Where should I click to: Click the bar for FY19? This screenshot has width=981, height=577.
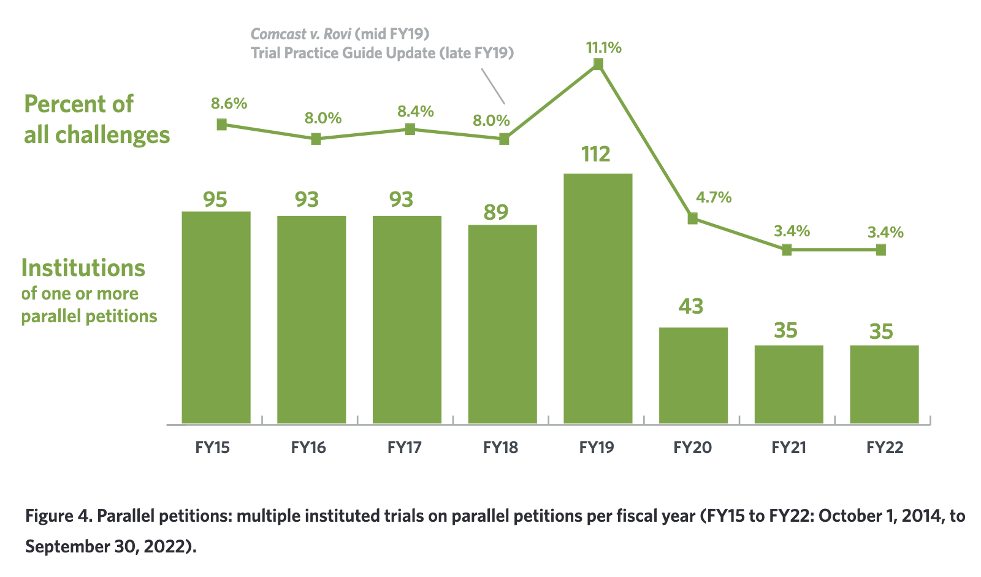598,298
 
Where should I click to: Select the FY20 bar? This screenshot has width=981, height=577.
693,375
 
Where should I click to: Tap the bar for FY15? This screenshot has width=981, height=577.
216,317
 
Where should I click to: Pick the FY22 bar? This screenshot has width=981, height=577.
884,384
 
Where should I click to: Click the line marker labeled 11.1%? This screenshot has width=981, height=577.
598,64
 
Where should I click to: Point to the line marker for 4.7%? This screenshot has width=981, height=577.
693,219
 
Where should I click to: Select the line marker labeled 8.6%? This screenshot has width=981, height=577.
222,125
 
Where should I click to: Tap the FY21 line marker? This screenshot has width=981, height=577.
787,250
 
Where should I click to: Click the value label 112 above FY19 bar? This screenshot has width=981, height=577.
596,154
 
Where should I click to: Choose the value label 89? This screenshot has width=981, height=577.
496,212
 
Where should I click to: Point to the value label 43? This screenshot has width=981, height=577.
691,306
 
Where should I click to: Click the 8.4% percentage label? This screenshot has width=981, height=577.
416,112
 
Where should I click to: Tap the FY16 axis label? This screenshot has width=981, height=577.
308,447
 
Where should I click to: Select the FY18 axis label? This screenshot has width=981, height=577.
500,447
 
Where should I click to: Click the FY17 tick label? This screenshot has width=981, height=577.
405,447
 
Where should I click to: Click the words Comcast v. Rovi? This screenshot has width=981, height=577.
300,34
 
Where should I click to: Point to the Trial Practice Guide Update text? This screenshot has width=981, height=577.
342,53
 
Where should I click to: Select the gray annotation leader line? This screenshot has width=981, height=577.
493,86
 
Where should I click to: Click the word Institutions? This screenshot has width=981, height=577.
83,268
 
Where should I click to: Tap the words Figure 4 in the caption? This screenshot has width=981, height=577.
58,516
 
